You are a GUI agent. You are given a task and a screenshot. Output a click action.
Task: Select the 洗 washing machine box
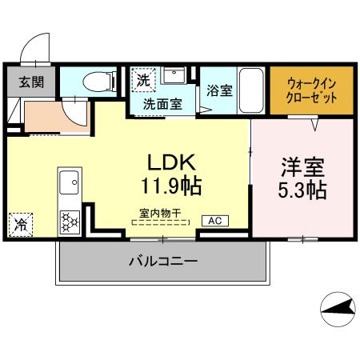tap(142, 80)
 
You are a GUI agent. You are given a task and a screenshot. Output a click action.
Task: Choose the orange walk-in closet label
tap(311, 90)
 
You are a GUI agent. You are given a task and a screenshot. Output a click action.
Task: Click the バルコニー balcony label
tap(163, 260)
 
